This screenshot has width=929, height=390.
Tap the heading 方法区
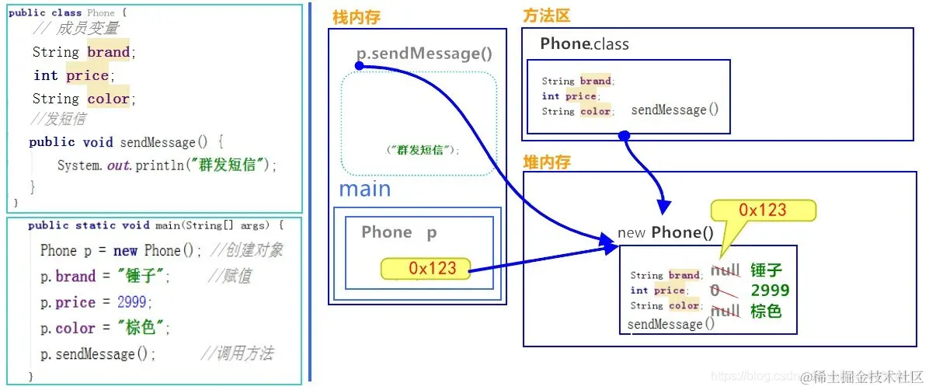548,16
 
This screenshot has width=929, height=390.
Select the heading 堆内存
548,162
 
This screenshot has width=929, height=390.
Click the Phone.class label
585,44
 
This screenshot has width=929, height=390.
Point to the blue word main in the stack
365,189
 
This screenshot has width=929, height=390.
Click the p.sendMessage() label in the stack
424,54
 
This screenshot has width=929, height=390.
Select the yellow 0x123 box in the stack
426,269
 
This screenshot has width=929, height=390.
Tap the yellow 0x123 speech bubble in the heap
764,211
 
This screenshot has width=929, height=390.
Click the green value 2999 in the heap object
770,291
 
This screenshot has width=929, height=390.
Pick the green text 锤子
766,271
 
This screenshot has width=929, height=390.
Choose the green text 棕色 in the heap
766,311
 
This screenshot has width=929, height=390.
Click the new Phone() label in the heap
666,232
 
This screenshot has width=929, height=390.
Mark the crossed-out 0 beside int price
715,291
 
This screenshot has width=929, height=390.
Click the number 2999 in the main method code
131,302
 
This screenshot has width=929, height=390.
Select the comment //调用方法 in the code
237,354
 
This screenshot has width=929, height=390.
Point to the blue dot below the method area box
623,137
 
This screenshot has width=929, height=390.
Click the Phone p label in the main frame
399,232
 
